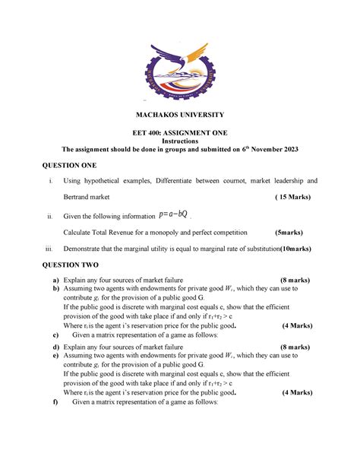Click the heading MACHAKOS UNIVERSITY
click(180, 115)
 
